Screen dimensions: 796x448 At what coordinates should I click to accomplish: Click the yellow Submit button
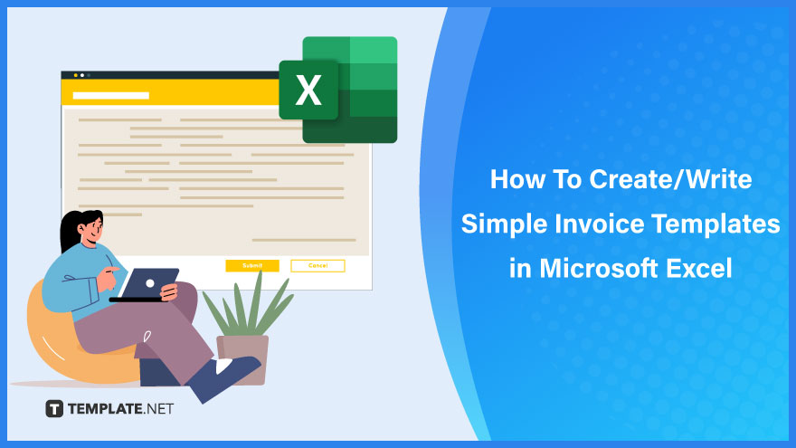click(x=252, y=266)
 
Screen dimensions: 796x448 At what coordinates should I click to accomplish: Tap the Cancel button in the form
click(x=317, y=266)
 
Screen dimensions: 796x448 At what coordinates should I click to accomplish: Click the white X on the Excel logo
click(x=308, y=91)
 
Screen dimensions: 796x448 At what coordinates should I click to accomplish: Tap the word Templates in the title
click(x=715, y=224)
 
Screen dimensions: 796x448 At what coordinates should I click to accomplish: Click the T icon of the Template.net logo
click(x=54, y=408)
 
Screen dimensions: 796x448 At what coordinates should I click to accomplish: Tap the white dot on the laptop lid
click(x=150, y=283)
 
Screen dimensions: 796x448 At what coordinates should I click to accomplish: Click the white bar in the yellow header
click(x=110, y=96)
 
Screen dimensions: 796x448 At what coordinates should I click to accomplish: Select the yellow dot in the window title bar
click(x=76, y=75)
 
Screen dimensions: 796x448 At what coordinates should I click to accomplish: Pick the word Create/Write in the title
click(x=670, y=179)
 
